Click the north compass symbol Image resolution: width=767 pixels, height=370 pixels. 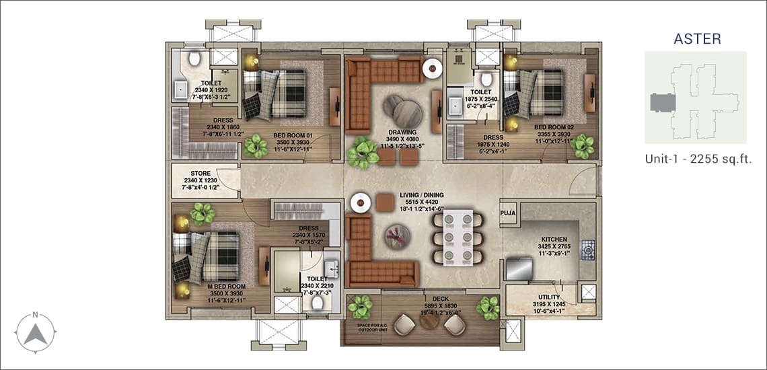[x=37, y=330]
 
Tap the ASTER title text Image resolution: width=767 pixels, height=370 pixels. [x=697, y=40]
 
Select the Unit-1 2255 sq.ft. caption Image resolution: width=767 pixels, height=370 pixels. [x=697, y=159]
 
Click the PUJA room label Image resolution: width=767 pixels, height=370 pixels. [x=508, y=213]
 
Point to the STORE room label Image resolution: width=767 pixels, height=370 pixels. [x=200, y=174]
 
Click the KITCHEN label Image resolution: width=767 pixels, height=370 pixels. [x=554, y=239]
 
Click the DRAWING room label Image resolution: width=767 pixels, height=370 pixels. [x=402, y=132]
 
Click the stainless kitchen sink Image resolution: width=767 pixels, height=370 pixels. [x=519, y=268]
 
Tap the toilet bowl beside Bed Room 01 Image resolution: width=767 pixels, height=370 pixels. [x=195, y=59]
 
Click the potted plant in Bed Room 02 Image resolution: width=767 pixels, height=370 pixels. [x=583, y=146]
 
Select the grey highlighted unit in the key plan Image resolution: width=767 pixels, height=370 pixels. [x=663, y=104]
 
